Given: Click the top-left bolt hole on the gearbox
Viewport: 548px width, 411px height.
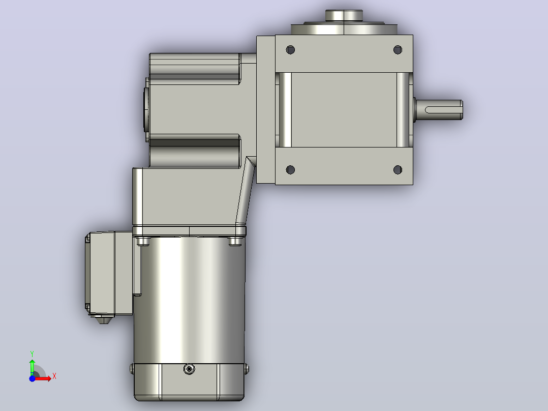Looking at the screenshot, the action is pyautogui.click(x=290, y=50).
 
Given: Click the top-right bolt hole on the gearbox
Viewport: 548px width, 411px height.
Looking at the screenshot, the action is pyautogui.click(x=398, y=50).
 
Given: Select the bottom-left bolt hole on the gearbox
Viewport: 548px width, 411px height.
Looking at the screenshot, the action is pyautogui.click(x=290, y=170).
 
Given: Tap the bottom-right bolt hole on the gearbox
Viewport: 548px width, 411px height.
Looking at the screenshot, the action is pyautogui.click(x=398, y=170).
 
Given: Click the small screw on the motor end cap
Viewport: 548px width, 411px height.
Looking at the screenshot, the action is pyautogui.click(x=189, y=369).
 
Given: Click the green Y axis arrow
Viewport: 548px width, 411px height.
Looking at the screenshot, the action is pyautogui.click(x=32, y=367).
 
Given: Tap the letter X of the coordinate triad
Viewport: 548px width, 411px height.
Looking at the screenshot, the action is pyautogui.click(x=54, y=376).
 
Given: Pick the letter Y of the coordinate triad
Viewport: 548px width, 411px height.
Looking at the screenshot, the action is pyautogui.click(x=32, y=354).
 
